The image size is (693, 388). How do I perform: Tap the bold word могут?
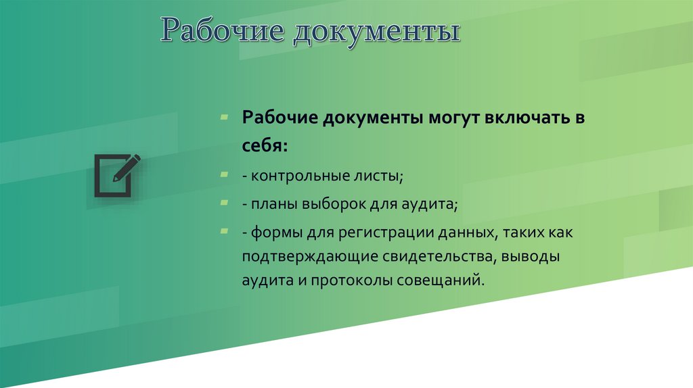click(452, 119)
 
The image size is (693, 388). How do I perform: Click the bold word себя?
click(265, 145)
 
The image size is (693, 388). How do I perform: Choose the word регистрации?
click(368, 233)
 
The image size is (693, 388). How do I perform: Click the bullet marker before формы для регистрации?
click(224, 231)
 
